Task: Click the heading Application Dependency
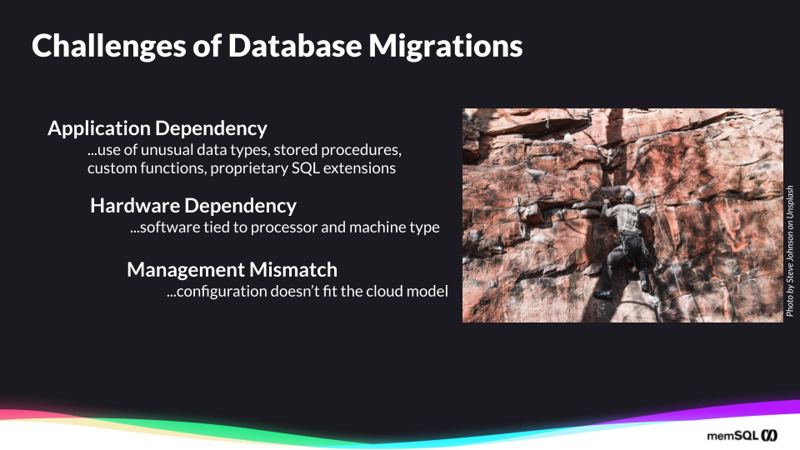pos(157,128)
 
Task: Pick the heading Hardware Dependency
pos(193,205)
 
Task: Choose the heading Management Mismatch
pos(232,269)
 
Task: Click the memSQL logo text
pos(732,436)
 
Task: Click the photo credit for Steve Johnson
pos(790,250)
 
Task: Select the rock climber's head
pos(628,197)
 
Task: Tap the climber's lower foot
pos(602,294)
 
